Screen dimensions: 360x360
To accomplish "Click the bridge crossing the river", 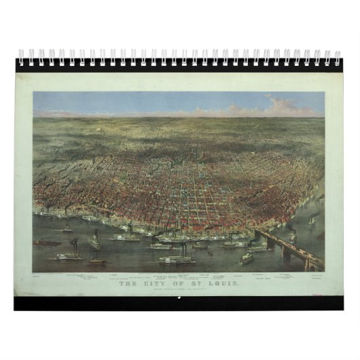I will [x=292, y=248].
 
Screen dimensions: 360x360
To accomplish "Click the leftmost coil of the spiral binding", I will [x=22, y=57].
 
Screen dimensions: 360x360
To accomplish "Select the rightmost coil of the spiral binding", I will [x=338, y=57].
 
